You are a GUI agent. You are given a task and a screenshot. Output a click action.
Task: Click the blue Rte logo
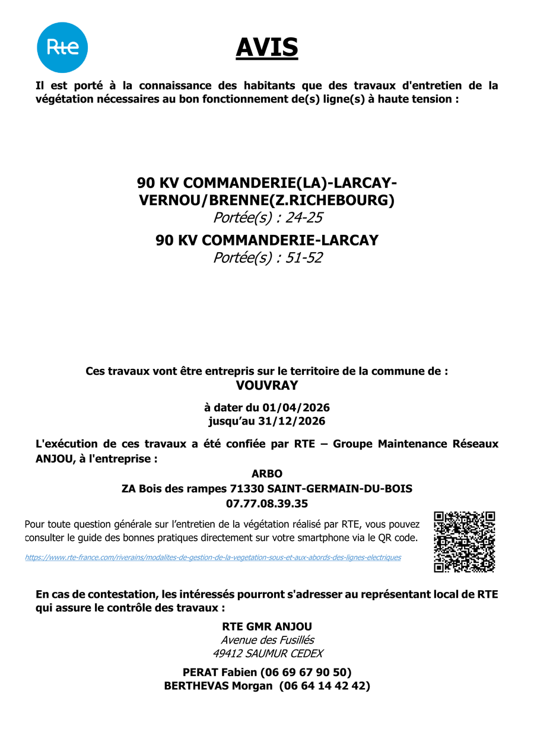click(x=62, y=47)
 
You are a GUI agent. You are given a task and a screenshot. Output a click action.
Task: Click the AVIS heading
click(x=267, y=47)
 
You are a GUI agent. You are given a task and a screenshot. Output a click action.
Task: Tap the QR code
click(x=465, y=541)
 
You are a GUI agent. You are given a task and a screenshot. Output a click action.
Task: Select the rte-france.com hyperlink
click(x=213, y=558)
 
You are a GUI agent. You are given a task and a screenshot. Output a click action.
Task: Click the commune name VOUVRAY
click(x=267, y=386)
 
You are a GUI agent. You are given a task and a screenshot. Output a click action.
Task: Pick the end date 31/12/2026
click(x=292, y=421)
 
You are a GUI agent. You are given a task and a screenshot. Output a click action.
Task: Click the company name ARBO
click(x=267, y=474)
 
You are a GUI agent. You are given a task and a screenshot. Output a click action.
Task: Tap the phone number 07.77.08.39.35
click(x=267, y=504)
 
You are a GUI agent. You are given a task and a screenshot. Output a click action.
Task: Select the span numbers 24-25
click(x=304, y=218)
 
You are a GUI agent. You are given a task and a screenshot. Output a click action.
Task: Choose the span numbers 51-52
click(x=304, y=258)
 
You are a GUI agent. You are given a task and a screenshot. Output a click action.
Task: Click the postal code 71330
click(x=243, y=489)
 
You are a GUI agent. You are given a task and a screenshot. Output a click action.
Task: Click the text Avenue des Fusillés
click(x=268, y=640)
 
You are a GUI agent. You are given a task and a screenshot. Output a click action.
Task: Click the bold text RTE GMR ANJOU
click(x=267, y=626)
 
